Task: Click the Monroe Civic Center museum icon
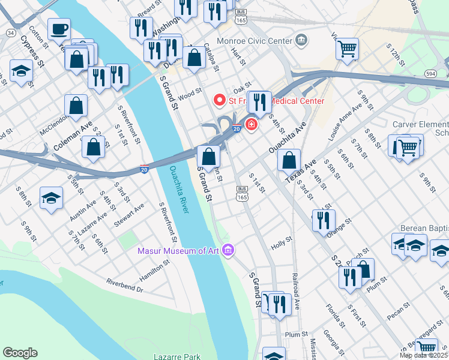(301, 41)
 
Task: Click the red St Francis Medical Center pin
(220, 100)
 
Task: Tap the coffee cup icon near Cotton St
(59, 29)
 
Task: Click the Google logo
(20, 353)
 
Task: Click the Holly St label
(281, 243)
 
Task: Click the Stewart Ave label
(129, 215)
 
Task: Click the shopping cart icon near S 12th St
(347, 49)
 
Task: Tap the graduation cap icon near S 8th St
(52, 198)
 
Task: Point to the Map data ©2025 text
(424, 355)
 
